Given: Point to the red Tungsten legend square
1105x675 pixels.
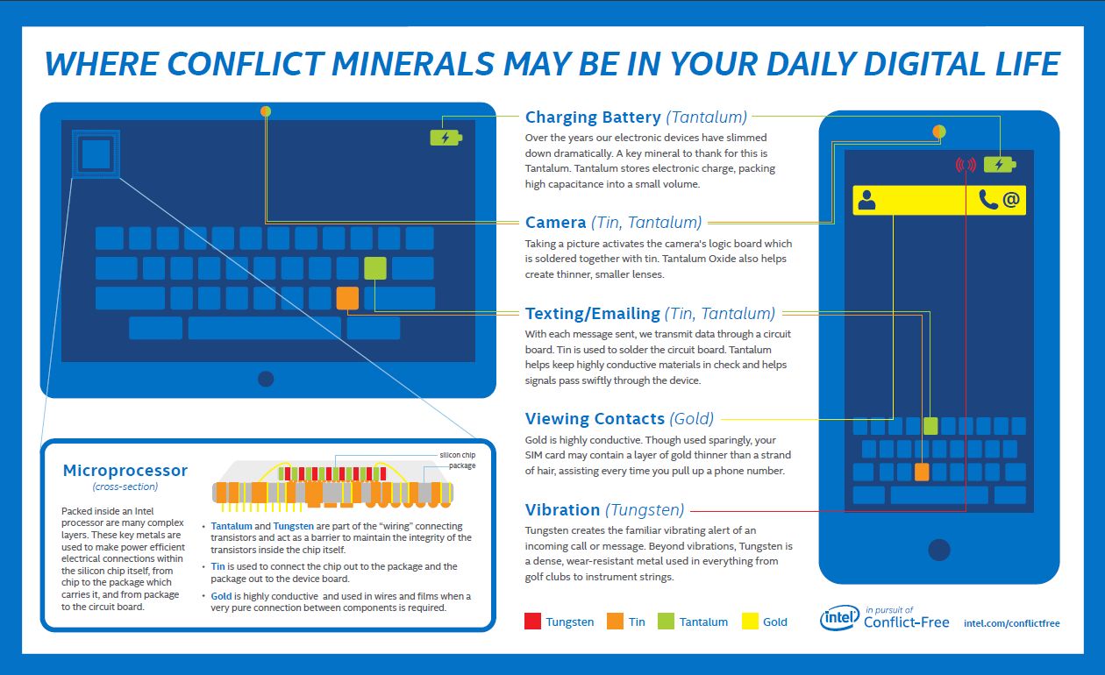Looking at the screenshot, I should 532,622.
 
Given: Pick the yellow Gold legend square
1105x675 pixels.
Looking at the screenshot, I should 751,622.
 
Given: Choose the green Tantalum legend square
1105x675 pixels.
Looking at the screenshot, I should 666,622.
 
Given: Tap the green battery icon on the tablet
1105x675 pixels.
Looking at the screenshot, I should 446,138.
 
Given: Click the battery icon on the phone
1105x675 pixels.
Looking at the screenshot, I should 999,164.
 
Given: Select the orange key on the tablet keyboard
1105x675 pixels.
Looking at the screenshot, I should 347,298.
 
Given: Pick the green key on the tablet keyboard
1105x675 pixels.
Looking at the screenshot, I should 375,268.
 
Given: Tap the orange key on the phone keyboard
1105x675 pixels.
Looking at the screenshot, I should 922,472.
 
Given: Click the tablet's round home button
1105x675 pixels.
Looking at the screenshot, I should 266,379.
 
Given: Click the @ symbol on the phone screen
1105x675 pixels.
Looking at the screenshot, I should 1011,200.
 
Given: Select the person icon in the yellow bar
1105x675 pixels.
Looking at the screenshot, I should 867,200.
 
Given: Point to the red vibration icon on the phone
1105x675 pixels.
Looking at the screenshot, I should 966,164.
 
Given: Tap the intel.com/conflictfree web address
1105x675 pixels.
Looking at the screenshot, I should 1011,623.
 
